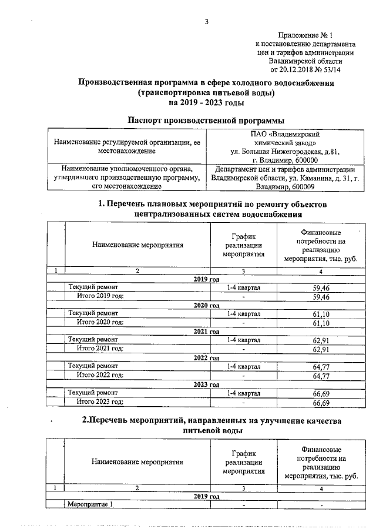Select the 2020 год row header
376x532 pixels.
pos(206,306)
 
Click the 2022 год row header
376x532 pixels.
pos(206,357)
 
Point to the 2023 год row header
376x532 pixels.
pos(206,384)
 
